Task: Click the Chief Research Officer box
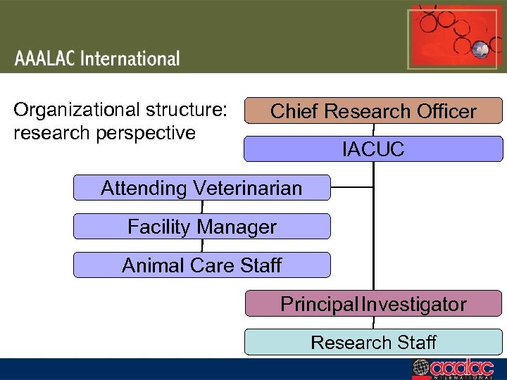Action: pos(373,111)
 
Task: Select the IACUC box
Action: pos(373,149)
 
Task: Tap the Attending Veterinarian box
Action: pos(201,188)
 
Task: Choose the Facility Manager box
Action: pos(201,227)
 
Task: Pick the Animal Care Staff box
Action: pos(201,265)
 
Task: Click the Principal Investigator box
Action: pos(373,304)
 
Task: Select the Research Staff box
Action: pos(373,343)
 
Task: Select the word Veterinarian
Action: pos(248,188)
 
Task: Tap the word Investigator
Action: pos(413,304)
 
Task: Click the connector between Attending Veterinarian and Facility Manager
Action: pos(202,207)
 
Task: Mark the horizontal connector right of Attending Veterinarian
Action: pos(351,187)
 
